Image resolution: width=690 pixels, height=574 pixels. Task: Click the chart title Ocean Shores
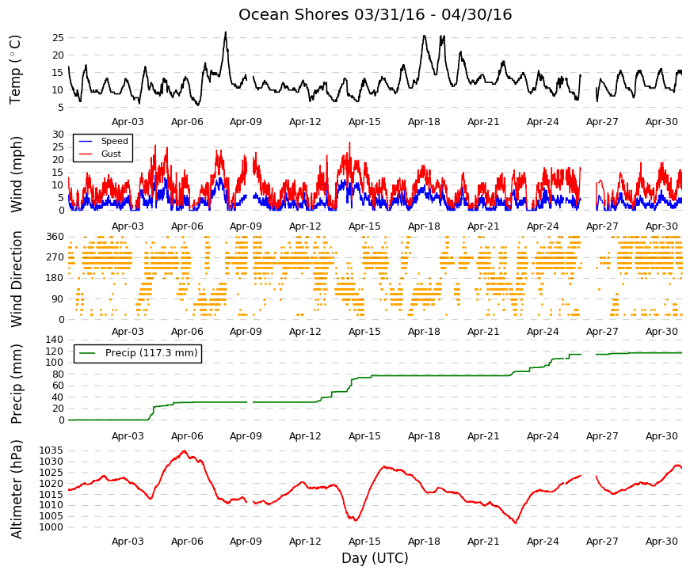(x=294, y=14)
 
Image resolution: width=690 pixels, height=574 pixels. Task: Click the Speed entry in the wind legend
(x=114, y=141)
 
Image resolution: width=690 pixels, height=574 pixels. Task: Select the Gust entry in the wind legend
(x=111, y=154)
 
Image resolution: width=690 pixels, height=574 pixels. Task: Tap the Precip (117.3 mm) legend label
(x=151, y=353)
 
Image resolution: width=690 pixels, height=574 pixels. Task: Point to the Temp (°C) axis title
(x=15, y=70)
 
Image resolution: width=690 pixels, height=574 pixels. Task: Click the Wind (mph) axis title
(x=16, y=175)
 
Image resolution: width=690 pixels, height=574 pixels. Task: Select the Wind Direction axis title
(x=16, y=279)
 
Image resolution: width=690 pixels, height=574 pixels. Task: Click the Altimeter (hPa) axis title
(x=16, y=489)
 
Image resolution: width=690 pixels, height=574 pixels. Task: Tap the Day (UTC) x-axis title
(x=375, y=558)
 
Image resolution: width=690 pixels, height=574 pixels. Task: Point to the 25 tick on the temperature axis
(x=58, y=38)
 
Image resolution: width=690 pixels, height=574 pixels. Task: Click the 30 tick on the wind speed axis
(x=58, y=134)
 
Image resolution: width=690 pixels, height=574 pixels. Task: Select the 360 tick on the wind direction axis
(x=55, y=237)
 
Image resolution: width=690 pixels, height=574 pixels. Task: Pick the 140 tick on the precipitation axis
(x=55, y=340)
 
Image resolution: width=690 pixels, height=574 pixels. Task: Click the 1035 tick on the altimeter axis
(x=51, y=450)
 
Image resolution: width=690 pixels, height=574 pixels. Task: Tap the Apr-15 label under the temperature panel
(x=364, y=122)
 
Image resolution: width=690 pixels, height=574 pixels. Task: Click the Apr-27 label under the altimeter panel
(x=602, y=542)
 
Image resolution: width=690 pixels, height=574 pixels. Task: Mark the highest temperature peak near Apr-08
(x=226, y=32)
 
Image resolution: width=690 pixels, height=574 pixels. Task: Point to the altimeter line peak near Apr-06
(x=185, y=450)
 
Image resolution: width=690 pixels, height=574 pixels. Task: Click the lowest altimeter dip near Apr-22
(x=515, y=523)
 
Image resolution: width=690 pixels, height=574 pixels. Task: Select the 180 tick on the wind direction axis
(x=55, y=278)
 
